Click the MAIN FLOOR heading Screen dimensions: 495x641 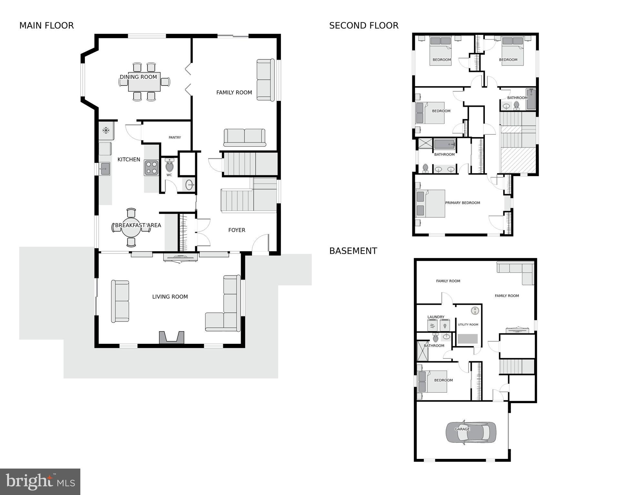click(46, 25)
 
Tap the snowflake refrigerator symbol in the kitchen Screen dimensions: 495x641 click(105, 130)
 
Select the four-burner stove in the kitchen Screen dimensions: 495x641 click(151, 168)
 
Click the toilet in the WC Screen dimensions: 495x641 click(169, 166)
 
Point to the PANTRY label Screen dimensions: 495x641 click(175, 137)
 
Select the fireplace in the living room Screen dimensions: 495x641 click(172, 338)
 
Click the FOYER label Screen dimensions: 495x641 click(236, 230)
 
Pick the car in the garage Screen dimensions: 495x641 click(471, 432)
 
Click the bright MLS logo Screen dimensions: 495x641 click(40, 481)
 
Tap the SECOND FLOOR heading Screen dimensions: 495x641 click(364, 25)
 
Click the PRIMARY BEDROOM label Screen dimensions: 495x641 click(462, 203)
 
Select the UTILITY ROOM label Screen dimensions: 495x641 click(468, 325)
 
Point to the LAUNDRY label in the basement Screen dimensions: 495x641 click(436, 317)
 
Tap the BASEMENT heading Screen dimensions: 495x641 click(353, 251)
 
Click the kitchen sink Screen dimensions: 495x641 click(105, 169)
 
